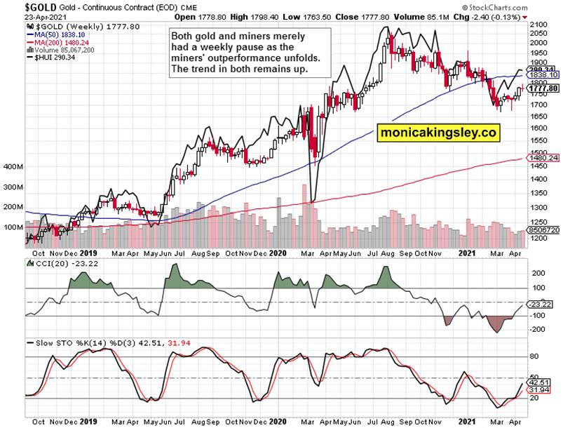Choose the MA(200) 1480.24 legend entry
[x=57, y=41]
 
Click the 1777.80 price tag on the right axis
[x=543, y=88]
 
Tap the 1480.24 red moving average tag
[x=543, y=159]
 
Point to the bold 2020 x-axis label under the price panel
[x=279, y=253]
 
